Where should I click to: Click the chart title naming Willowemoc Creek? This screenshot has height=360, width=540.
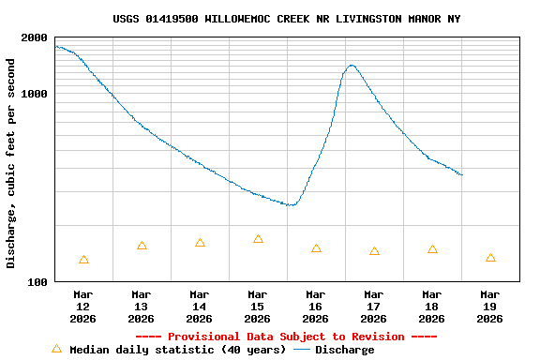click(286, 19)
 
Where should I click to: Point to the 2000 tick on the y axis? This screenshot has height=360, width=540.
click(36, 37)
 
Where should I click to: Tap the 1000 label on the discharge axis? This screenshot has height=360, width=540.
click(36, 94)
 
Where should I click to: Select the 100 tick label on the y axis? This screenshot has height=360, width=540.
click(38, 281)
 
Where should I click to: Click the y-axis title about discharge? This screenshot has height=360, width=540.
click(11, 163)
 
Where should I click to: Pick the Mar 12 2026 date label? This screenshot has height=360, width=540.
click(83, 307)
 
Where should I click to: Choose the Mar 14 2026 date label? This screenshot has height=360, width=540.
click(200, 307)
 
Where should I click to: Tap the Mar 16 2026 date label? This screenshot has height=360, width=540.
click(316, 307)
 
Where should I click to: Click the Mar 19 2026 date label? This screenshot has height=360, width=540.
click(490, 307)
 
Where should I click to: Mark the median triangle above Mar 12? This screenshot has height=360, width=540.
click(84, 260)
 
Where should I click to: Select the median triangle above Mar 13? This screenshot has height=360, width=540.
click(142, 246)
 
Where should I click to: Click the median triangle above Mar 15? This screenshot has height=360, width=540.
click(258, 239)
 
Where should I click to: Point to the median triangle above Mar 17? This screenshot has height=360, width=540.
click(374, 251)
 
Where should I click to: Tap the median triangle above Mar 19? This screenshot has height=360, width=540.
click(490, 258)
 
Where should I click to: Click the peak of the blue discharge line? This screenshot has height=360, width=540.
click(352, 66)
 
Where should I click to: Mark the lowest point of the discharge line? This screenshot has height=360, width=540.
click(292, 204)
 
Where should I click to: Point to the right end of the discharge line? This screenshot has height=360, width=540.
click(462, 175)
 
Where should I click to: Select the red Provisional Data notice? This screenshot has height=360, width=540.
click(286, 337)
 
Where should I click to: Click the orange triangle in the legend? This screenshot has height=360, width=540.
click(56, 349)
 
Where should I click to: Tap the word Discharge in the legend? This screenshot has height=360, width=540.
click(344, 350)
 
